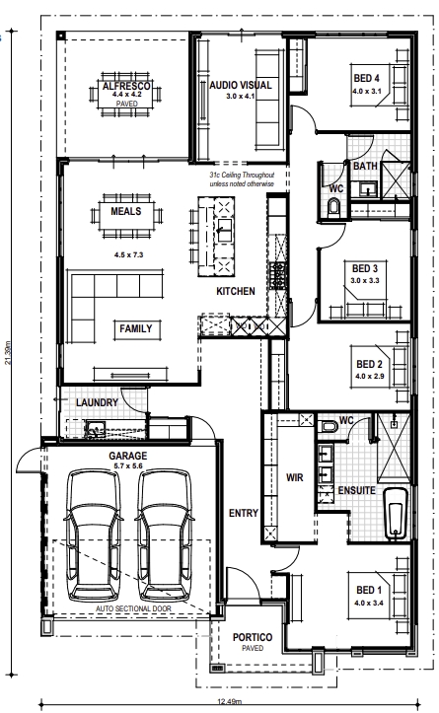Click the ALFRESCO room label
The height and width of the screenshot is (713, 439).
click(126, 86)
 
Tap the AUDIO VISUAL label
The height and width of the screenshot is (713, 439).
click(240, 85)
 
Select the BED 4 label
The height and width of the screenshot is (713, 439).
click(366, 78)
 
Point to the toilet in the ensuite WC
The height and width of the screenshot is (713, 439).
click(328, 427)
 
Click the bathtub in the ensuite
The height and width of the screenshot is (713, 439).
click(395, 514)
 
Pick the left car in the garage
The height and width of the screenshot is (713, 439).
click(94, 535)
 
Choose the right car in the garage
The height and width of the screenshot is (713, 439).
click(164, 535)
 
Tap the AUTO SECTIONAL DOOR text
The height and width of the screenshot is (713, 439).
click(133, 608)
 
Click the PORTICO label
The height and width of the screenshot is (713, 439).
click(253, 637)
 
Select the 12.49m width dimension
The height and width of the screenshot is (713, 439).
click(229, 701)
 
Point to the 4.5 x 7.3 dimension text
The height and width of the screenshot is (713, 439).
click(129, 254)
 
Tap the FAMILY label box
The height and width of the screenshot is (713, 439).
click(136, 328)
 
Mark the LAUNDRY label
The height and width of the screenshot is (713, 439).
click(97, 402)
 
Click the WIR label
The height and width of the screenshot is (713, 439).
click(294, 477)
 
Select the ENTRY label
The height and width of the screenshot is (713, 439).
click(244, 513)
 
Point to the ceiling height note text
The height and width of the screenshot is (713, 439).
click(242, 179)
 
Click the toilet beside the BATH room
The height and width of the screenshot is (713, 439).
click(333, 207)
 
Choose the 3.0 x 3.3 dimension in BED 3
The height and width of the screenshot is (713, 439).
click(365, 280)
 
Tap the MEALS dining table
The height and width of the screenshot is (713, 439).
click(126, 215)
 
